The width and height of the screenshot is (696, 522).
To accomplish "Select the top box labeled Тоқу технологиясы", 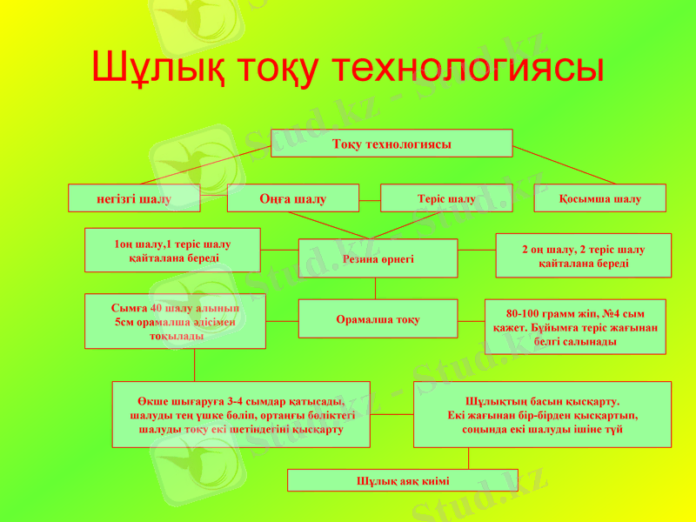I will click(x=391, y=144).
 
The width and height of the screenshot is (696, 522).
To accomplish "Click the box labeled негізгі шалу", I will click(x=134, y=198).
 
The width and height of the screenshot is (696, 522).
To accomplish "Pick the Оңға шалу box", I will click(x=292, y=198).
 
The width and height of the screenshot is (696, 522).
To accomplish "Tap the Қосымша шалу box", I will click(x=599, y=198).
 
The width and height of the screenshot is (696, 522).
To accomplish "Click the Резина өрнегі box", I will click(x=378, y=258).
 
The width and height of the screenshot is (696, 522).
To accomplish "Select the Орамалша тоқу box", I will click(x=378, y=318).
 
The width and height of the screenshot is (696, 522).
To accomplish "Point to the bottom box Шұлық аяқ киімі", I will click(x=402, y=480).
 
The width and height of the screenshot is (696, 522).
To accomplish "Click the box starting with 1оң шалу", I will click(x=172, y=251).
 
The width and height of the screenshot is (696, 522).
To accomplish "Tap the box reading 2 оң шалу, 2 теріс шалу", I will click(x=583, y=255).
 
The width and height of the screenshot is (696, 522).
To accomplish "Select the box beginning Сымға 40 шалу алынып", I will click(x=175, y=321).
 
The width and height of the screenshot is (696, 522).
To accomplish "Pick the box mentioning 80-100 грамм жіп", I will click(x=574, y=326).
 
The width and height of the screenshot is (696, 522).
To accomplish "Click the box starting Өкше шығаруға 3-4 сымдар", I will click(x=241, y=414).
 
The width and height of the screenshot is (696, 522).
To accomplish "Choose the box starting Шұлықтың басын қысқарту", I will click(x=542, y=414).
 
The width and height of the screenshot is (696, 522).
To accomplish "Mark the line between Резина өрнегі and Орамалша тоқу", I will click(x=376, y=288).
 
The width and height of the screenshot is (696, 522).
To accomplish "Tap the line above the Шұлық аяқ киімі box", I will click(x=470, y=458).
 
